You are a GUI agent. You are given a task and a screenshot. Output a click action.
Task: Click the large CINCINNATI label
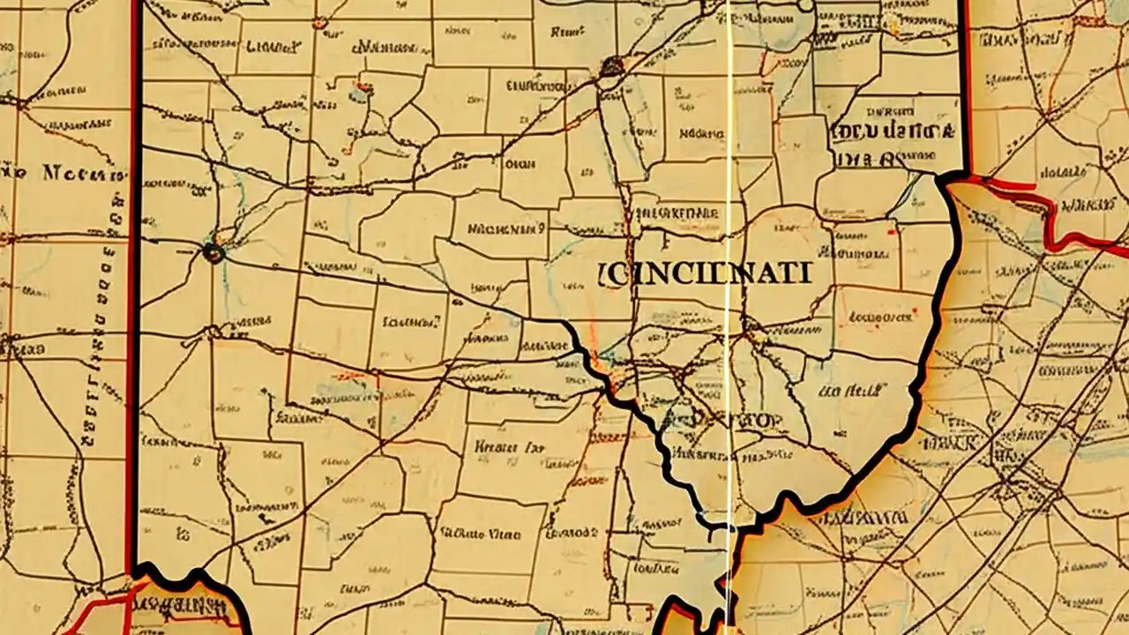(x=703, y=273)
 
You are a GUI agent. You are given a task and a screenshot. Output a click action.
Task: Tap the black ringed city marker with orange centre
(x=213, y=253)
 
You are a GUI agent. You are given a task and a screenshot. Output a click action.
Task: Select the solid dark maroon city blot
(x=611, y=66)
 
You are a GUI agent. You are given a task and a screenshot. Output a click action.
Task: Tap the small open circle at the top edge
(x=804, y=5)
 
